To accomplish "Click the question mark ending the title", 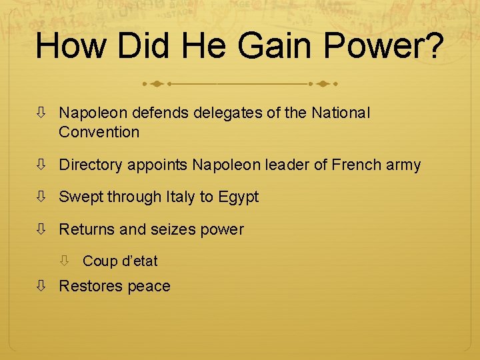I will (x=431, y=46).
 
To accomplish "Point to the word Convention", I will (x=99, y=132).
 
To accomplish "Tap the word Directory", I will (x=90, y=165).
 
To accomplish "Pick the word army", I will (x=403, y=165).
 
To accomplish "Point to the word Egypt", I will (x=238, y=197).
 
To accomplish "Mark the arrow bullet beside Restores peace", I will (x=41, y=286).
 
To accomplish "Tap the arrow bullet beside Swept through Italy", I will (x=41, y=197).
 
